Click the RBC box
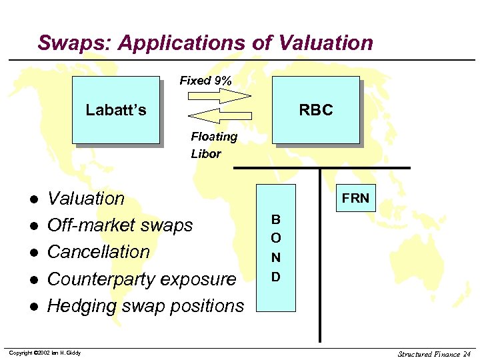315,110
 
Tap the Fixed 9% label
206,81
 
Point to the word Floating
214,137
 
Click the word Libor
205,154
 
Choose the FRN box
355,198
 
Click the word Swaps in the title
74,43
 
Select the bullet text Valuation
86,199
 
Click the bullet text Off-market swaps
120,225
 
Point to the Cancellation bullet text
99,252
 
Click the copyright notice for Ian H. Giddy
45,353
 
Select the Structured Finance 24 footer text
434,353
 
